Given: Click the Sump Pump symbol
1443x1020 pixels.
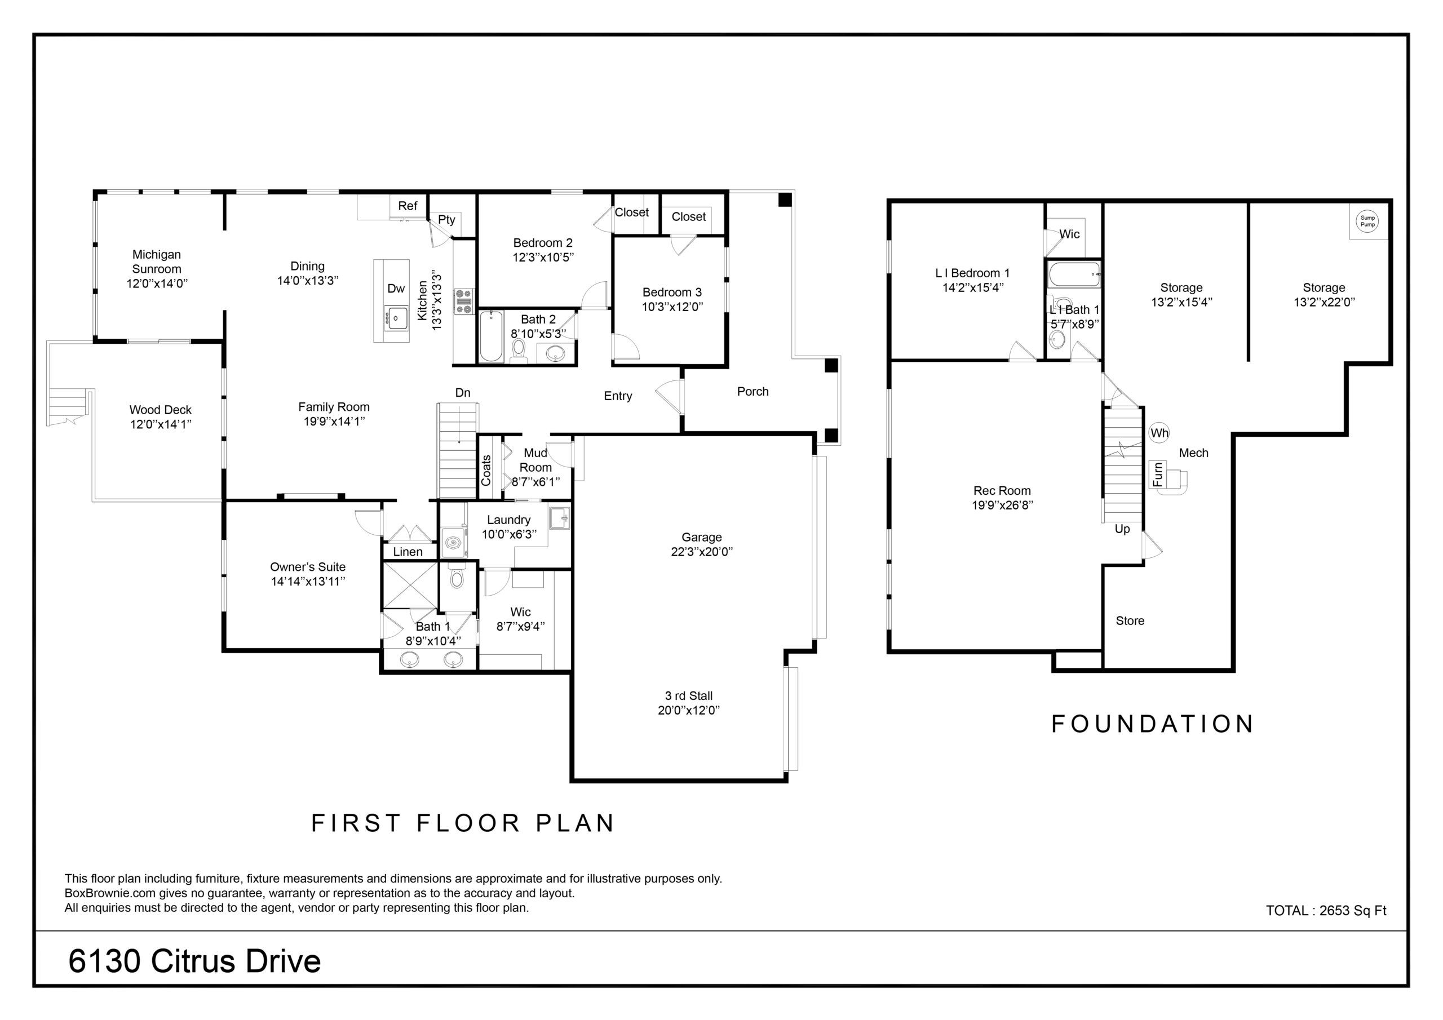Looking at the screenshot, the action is [1367, 221].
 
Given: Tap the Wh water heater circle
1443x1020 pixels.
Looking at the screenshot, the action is [1159, 433].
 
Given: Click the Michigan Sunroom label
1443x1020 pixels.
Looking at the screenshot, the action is [157, 261].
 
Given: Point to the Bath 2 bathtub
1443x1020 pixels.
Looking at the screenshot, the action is [491, 336].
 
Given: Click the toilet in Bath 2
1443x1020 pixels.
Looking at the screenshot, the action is [519, 351].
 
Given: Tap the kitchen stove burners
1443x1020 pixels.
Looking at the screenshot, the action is [464, 301].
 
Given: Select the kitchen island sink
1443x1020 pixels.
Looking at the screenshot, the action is [396, 318].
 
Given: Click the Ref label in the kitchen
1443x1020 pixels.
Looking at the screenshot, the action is [408, 206].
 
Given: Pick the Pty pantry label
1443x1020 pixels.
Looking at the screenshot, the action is [446, 219].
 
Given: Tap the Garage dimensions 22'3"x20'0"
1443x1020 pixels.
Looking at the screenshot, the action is [701, 552].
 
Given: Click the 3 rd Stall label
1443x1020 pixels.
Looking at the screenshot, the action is [689, 696].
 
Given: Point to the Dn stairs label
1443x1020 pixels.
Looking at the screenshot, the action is [463, 393].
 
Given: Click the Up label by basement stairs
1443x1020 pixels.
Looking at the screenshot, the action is [1122, 529].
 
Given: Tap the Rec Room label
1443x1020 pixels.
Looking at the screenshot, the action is [1002, 491].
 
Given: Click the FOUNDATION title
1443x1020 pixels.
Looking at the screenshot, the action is [1153, 724].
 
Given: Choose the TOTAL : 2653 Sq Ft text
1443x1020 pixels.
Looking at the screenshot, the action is [1326, 911].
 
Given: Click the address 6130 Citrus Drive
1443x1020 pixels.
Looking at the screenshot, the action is [194, 961].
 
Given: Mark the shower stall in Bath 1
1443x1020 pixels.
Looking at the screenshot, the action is [410, 586].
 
